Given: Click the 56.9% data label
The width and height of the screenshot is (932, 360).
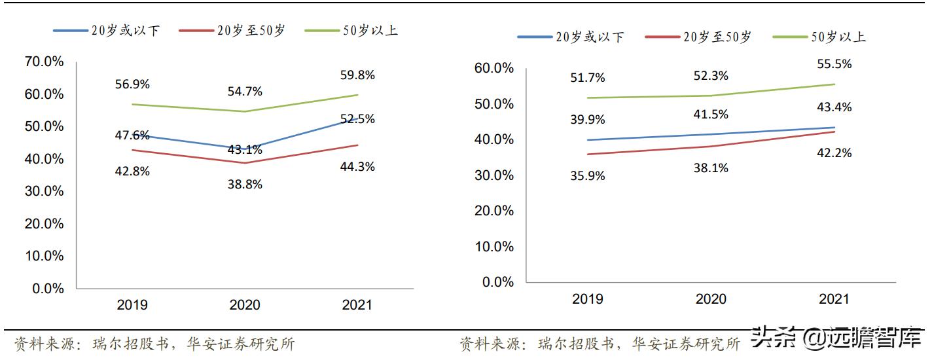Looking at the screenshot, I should click(132, 84).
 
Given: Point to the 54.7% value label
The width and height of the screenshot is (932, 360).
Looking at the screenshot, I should click(244, 91).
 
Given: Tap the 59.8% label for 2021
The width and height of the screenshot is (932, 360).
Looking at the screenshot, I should click(357, 75).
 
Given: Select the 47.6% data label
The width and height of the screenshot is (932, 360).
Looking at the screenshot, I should click(132, 135).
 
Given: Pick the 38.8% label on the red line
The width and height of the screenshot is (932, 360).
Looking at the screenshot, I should click(244, 185).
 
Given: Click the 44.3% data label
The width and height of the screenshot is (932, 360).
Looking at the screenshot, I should click(357, 167).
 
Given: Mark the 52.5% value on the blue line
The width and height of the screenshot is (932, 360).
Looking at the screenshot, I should click(357, 119).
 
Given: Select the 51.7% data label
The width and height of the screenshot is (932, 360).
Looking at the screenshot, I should click(587, 77).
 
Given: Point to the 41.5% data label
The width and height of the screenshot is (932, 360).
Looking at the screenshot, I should click(711, 114).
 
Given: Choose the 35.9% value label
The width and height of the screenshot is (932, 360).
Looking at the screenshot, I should click(587, 175).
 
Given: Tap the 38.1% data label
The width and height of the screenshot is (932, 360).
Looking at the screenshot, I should click(711, 168).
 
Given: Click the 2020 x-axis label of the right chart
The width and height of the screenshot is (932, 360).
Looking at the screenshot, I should click(711, 299).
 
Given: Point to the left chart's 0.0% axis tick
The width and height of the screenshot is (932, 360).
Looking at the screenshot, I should click(48, 289).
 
